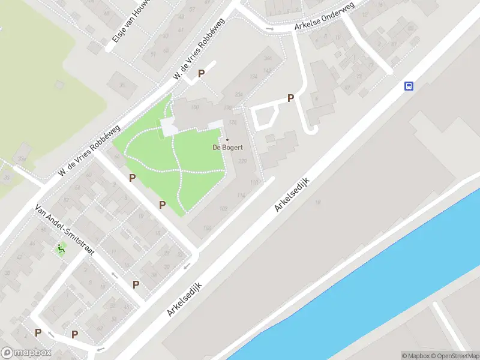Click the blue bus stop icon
pos(409,86)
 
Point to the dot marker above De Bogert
pos(227,140)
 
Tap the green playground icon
pos(61,249)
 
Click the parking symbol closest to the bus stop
pos(291,98)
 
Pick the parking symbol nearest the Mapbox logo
pos(38,333)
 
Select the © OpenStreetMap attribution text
pos(454,356)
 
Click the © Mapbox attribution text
pos(415,356)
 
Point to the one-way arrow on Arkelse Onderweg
pos(269,28)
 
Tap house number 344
pos(268,58)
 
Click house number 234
pos(239,95)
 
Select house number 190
pos(194,107)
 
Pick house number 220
pos(242,161)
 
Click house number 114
pos(241,195)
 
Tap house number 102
pos(223,208)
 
